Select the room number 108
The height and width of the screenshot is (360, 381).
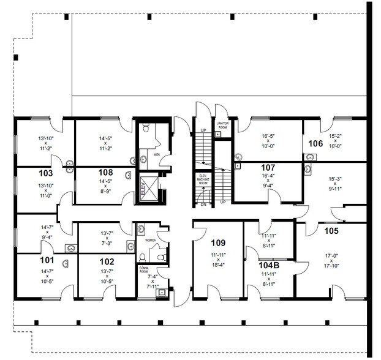pyautogui.click(x=105, y=172)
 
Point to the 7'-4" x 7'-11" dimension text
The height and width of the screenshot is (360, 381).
pyautogui.click(x=151, y=281)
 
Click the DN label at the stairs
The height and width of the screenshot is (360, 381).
pyautogui.click(x=203, y=204)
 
